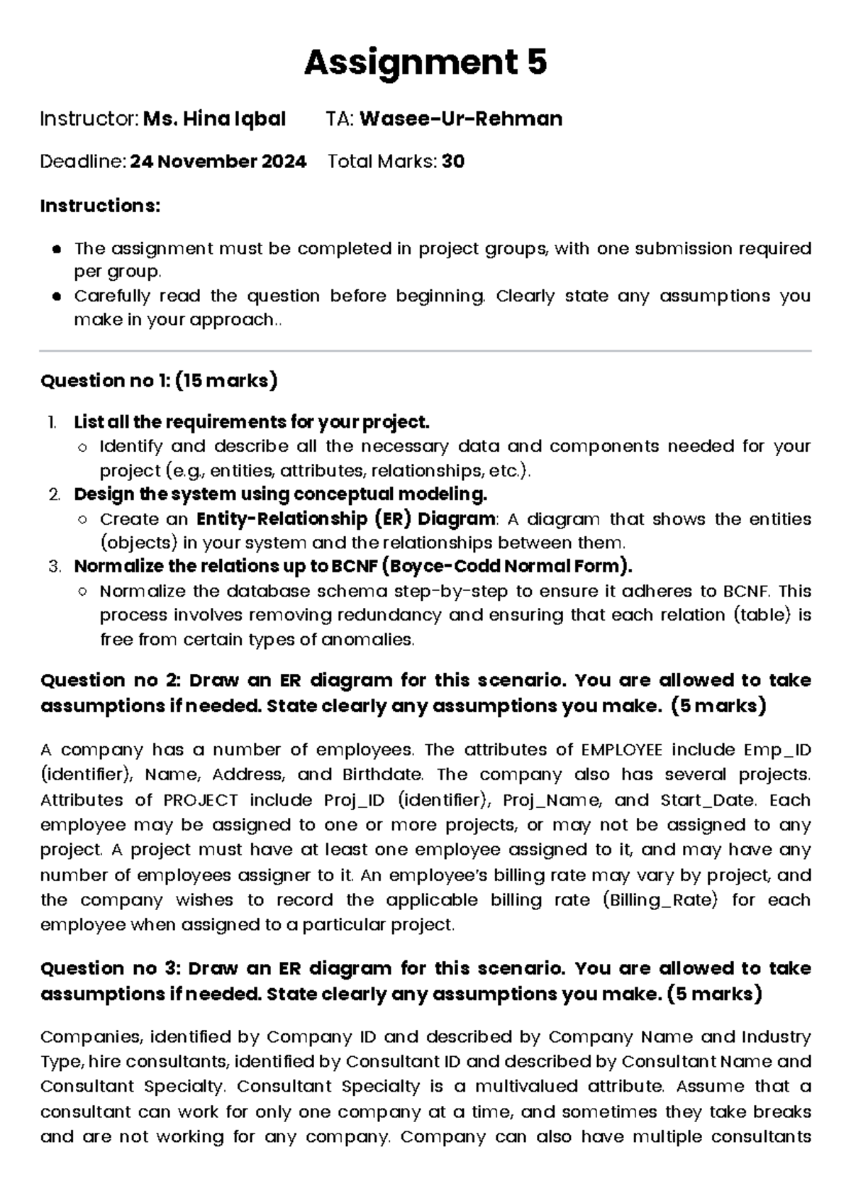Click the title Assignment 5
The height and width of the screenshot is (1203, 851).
click(x=425, y=63)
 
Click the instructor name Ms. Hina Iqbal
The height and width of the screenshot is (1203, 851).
click(x=214, y=118)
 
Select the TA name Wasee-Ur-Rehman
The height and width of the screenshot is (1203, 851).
click(x=461, y=118)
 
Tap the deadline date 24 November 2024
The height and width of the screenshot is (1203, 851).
click(x=218, y=162)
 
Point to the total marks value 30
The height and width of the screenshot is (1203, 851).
click(x=453, y=162)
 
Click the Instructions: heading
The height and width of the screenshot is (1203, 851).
click(x=100, y=206)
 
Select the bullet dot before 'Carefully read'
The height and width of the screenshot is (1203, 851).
click(x=57, y=296)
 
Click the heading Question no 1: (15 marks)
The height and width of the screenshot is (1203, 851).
click(x=159, y=381)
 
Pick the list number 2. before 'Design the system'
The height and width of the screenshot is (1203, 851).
click(x=55, y=494)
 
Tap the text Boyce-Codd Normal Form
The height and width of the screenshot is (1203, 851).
click(x=505, y=566)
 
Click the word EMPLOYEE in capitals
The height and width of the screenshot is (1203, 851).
click(x=621, y=750)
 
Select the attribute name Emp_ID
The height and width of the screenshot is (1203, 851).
click(x=777, y=750)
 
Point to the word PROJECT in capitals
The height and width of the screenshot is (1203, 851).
click(x=201, y=800)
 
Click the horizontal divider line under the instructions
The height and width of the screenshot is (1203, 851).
click(x=425, y=350)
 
